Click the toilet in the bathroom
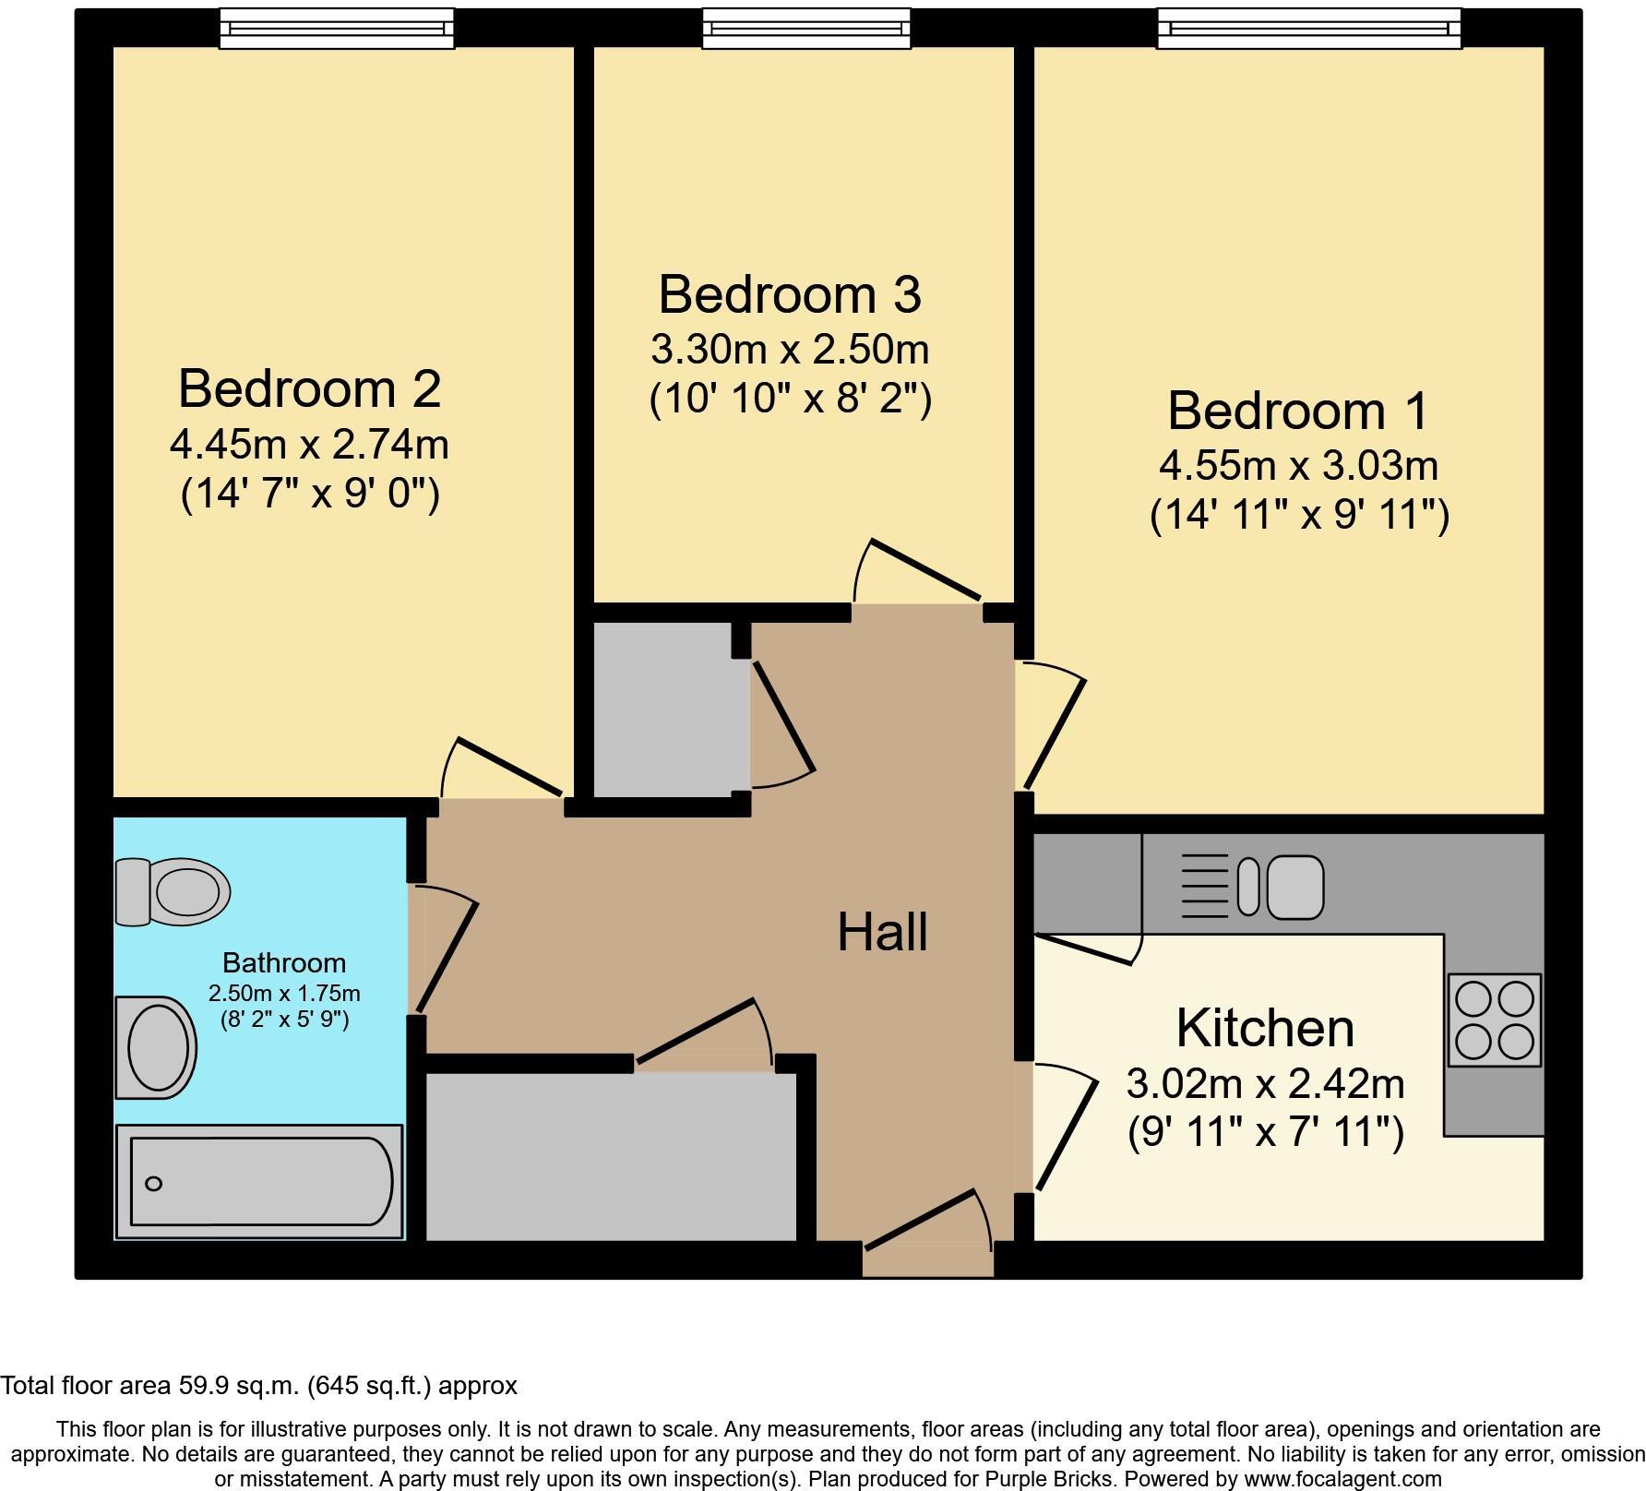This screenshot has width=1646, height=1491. (173, 891)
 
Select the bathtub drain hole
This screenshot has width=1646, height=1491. (154, 1184)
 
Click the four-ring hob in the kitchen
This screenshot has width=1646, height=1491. (1494, 1020)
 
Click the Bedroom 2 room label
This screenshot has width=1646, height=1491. (309, 388)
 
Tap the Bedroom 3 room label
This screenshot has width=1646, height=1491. (789, 294)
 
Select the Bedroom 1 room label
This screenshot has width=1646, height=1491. (1297, 411)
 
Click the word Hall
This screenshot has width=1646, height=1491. (881, 932)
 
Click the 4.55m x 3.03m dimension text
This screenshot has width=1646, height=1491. (1298, 466)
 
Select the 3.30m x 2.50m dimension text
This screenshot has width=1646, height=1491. (789, 350)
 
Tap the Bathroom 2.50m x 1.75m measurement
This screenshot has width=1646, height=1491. (284, 994)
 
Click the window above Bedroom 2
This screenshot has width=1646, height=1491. (337, 29)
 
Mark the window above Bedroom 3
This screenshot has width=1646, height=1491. (806, 29)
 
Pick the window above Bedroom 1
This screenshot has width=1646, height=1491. (1309, 29)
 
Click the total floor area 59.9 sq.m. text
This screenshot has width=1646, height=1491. (258, 1386)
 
